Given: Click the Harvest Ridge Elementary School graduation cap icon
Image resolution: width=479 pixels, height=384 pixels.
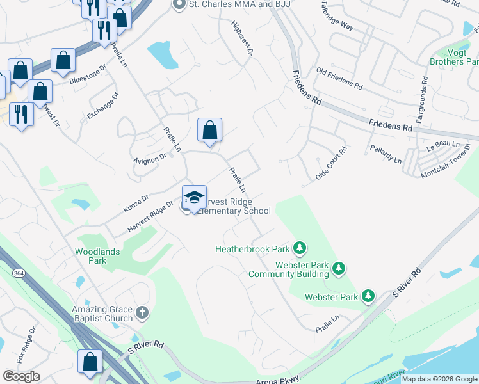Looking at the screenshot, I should pos(194,197).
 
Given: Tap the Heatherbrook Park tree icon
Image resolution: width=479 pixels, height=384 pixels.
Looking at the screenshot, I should pos(299,248).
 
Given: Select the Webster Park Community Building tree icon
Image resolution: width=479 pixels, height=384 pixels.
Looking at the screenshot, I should pos(339,269).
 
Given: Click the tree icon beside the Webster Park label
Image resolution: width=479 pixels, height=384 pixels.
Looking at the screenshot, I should pos(368,296).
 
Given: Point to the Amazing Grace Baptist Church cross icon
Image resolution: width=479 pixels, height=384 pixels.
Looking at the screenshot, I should pos(142,314).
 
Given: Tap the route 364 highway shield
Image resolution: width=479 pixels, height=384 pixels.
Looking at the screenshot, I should pos(18,273).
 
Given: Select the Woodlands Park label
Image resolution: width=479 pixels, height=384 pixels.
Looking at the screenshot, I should pos(97,256).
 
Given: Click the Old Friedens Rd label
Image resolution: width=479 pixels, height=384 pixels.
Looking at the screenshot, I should pos(339,77).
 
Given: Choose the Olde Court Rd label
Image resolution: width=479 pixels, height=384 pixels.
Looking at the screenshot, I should pos(331,164).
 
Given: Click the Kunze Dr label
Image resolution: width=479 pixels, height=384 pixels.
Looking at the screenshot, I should pos(136,204).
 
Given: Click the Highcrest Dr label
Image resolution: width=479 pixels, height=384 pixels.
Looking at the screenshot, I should pos(241,38).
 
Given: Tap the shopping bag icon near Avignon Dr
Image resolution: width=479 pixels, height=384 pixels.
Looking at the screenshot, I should pos(209,130).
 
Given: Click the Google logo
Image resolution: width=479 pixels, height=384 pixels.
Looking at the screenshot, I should pos(21,376).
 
